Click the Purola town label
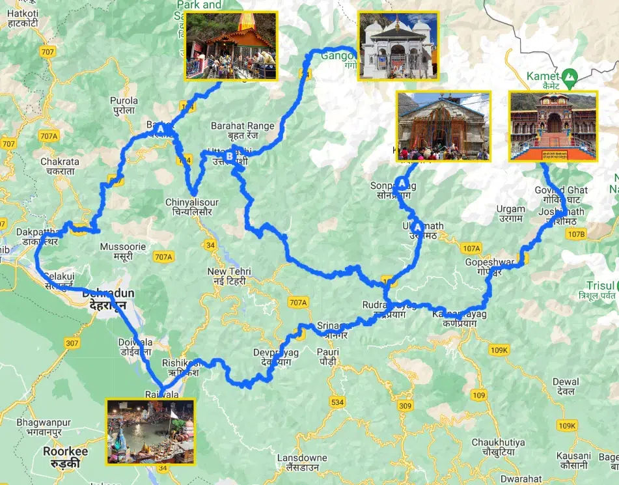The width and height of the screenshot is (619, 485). click(x=124, y=105)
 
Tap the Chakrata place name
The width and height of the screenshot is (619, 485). click(x=59, y=166)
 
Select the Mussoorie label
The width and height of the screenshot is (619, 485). click(x=123, y=252)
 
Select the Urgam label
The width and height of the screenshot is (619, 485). click(x=510, y=214)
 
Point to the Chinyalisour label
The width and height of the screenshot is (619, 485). click(x=191, y=207)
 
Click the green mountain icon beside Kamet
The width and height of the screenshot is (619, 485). click(x=570, y=76)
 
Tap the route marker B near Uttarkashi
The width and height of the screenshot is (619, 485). click(x=230, y=156)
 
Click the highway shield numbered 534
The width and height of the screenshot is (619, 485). click(x=337, y=402)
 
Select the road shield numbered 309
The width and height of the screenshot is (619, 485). click(x=405, y=406)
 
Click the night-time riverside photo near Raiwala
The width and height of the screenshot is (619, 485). click(x=150, y=431)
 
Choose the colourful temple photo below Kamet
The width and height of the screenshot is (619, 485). click(x=553, y=126)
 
